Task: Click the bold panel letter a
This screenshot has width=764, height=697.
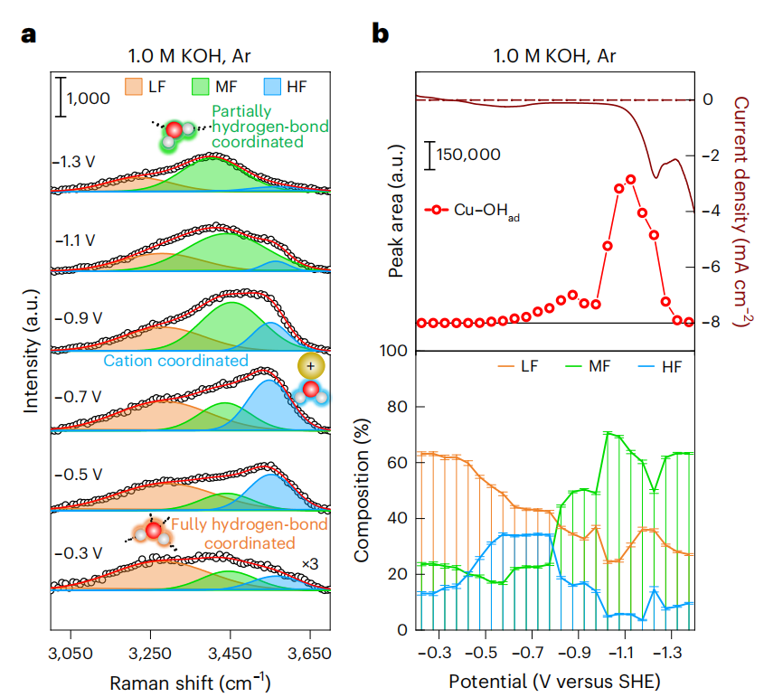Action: click(x=30, y=35)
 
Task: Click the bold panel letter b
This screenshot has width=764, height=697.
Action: click(x=382, y=35)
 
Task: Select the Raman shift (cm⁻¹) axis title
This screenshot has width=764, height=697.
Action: click(x=190, y=681)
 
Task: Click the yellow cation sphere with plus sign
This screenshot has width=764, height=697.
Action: click(x=310, y=366)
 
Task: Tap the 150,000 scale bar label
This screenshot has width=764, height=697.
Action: click(x=468, y=155)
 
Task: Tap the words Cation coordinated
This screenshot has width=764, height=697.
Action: click(x=175, y=361)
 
